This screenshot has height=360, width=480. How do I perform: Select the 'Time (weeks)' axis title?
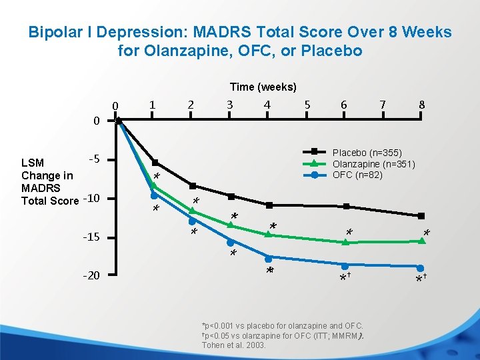point(263,87)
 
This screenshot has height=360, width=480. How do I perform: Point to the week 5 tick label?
point(307,105)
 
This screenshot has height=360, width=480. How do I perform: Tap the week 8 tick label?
point(421,105)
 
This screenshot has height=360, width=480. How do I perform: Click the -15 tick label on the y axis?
point(91,238)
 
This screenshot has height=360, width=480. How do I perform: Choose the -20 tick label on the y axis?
point(91,275)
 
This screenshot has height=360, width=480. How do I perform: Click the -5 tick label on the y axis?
point(94,159)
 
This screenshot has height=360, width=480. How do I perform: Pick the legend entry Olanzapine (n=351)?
point(373,164)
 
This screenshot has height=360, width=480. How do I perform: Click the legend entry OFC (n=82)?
point(357,175)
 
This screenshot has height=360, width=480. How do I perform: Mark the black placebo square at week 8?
point(421,216)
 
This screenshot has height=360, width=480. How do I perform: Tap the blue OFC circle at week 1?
point(154,196)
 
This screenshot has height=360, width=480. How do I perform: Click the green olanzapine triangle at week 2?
point(192,211)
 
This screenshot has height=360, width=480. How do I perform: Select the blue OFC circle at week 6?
point(345,266)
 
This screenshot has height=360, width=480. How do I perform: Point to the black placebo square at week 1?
point(155,163)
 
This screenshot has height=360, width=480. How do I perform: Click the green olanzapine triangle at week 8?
point(421,241)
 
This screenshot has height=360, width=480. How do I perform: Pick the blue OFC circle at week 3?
point(230,243)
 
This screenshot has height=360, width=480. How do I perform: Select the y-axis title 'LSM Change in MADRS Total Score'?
point(50,181)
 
